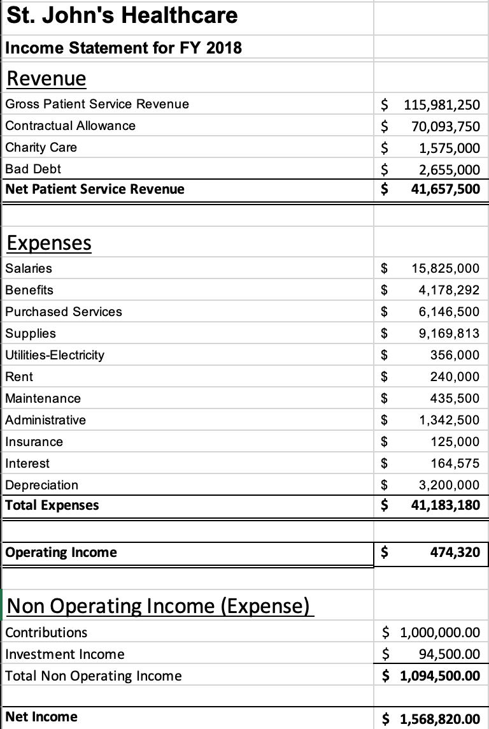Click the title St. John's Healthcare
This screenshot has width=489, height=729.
coord(122,15)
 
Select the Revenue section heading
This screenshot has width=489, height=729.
coord(45,79)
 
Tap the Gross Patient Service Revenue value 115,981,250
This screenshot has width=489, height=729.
coord(438,105)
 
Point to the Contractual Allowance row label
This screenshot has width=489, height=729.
coord(70,126)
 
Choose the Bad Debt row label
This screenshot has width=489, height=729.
coord(33,169)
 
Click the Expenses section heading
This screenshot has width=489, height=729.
coord(48,243)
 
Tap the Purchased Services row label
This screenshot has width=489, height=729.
coord(63,312)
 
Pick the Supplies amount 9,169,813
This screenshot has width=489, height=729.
coord(448,333)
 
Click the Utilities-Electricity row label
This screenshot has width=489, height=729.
coord(54,355)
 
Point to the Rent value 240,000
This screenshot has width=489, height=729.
coord(455,377)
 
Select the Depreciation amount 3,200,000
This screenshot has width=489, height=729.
coord(448,485)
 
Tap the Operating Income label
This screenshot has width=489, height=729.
coord(60,552)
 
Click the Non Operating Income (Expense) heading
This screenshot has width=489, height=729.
coord(160,605)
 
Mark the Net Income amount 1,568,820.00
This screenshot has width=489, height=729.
coord(439,719)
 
